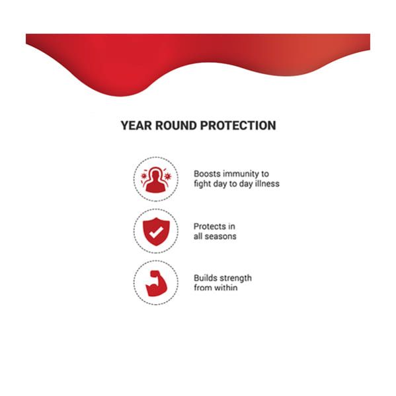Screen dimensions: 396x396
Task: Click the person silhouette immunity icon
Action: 156,179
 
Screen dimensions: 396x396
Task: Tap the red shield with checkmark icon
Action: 156,231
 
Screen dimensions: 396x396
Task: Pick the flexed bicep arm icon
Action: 156,284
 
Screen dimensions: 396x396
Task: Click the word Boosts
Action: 207,174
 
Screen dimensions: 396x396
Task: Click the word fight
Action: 201,184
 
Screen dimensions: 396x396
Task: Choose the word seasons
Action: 220,237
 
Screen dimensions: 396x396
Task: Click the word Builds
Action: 205,278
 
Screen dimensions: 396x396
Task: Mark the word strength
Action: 235,278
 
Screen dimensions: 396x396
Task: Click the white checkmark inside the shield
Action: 156,232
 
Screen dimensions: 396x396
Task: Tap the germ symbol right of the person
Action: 167,176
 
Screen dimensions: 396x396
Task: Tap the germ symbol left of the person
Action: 144,176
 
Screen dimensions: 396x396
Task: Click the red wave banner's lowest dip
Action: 121,97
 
